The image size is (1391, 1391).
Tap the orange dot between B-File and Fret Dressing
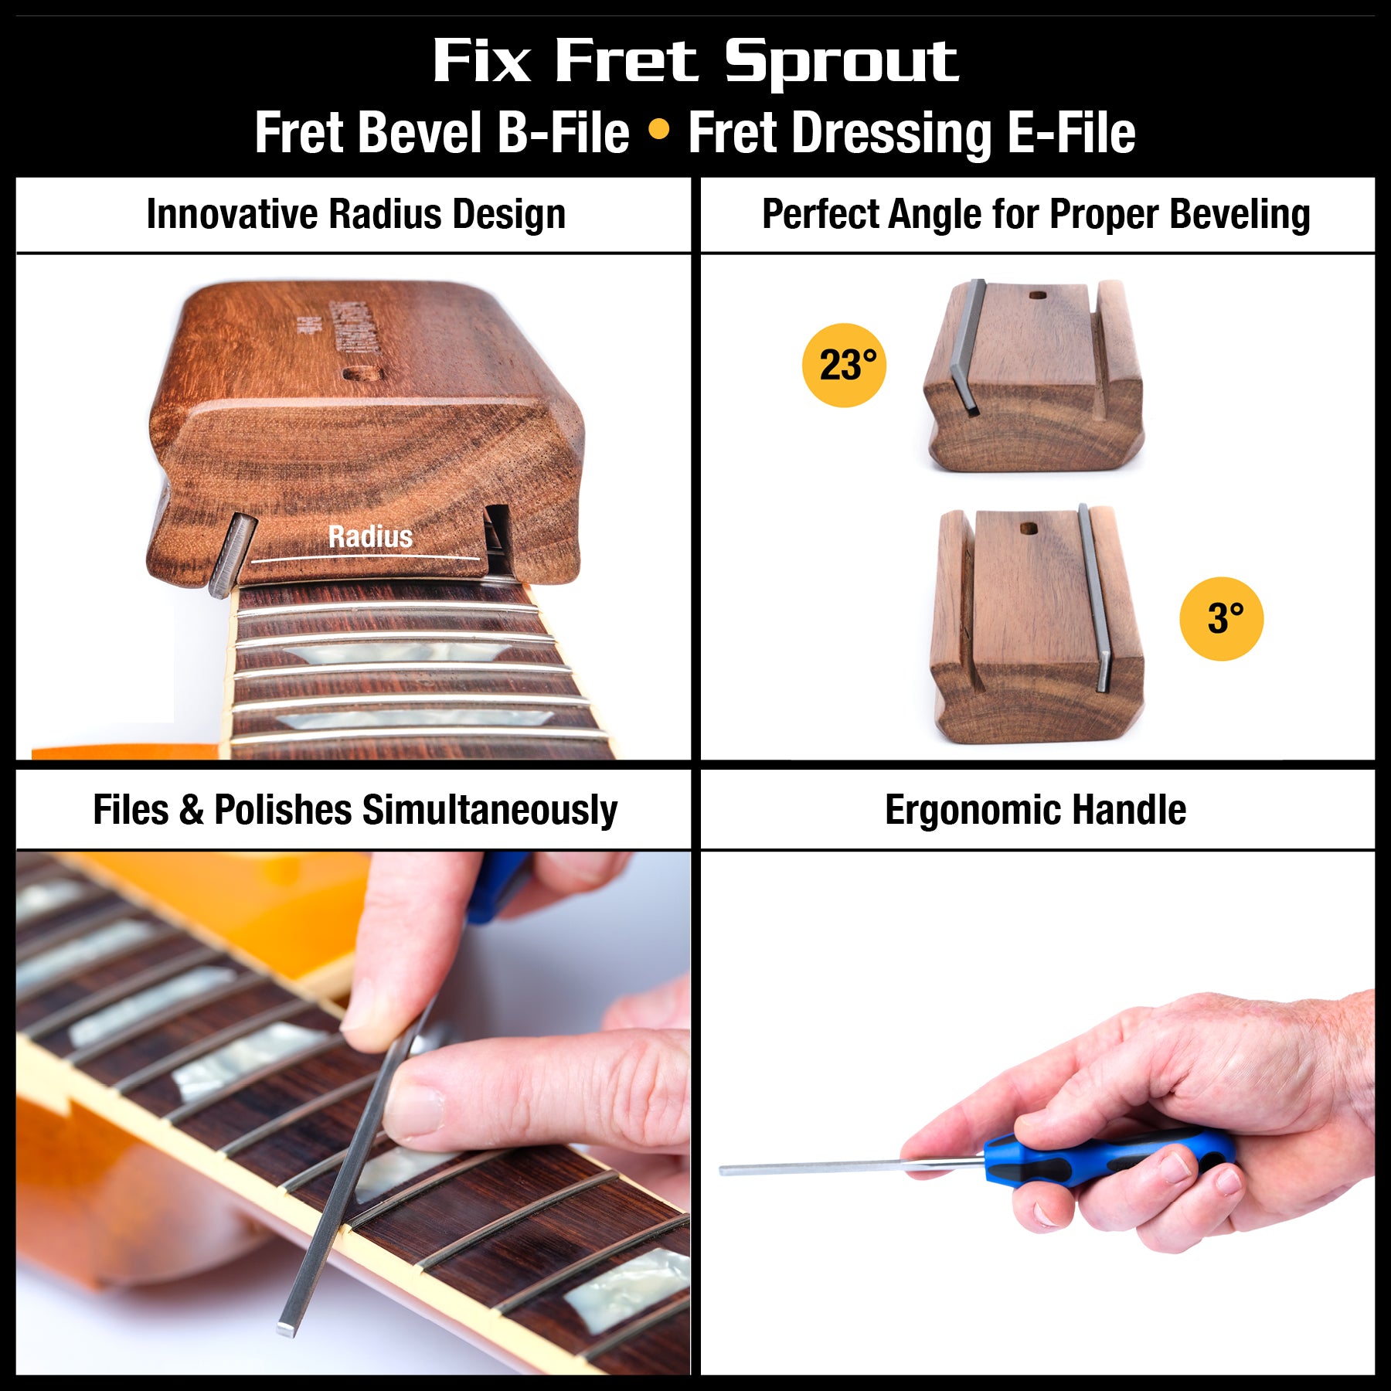[658, 130]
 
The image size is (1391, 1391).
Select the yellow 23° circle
[844, 365]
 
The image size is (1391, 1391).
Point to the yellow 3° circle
[1221, 618]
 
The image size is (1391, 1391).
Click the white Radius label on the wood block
[370, 536]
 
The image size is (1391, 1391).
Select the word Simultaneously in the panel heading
[490, 810]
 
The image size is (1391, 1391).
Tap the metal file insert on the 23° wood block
[968, 348]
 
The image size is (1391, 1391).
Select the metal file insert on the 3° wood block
[1093, 595]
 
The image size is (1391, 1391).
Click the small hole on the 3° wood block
[1029, 529]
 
